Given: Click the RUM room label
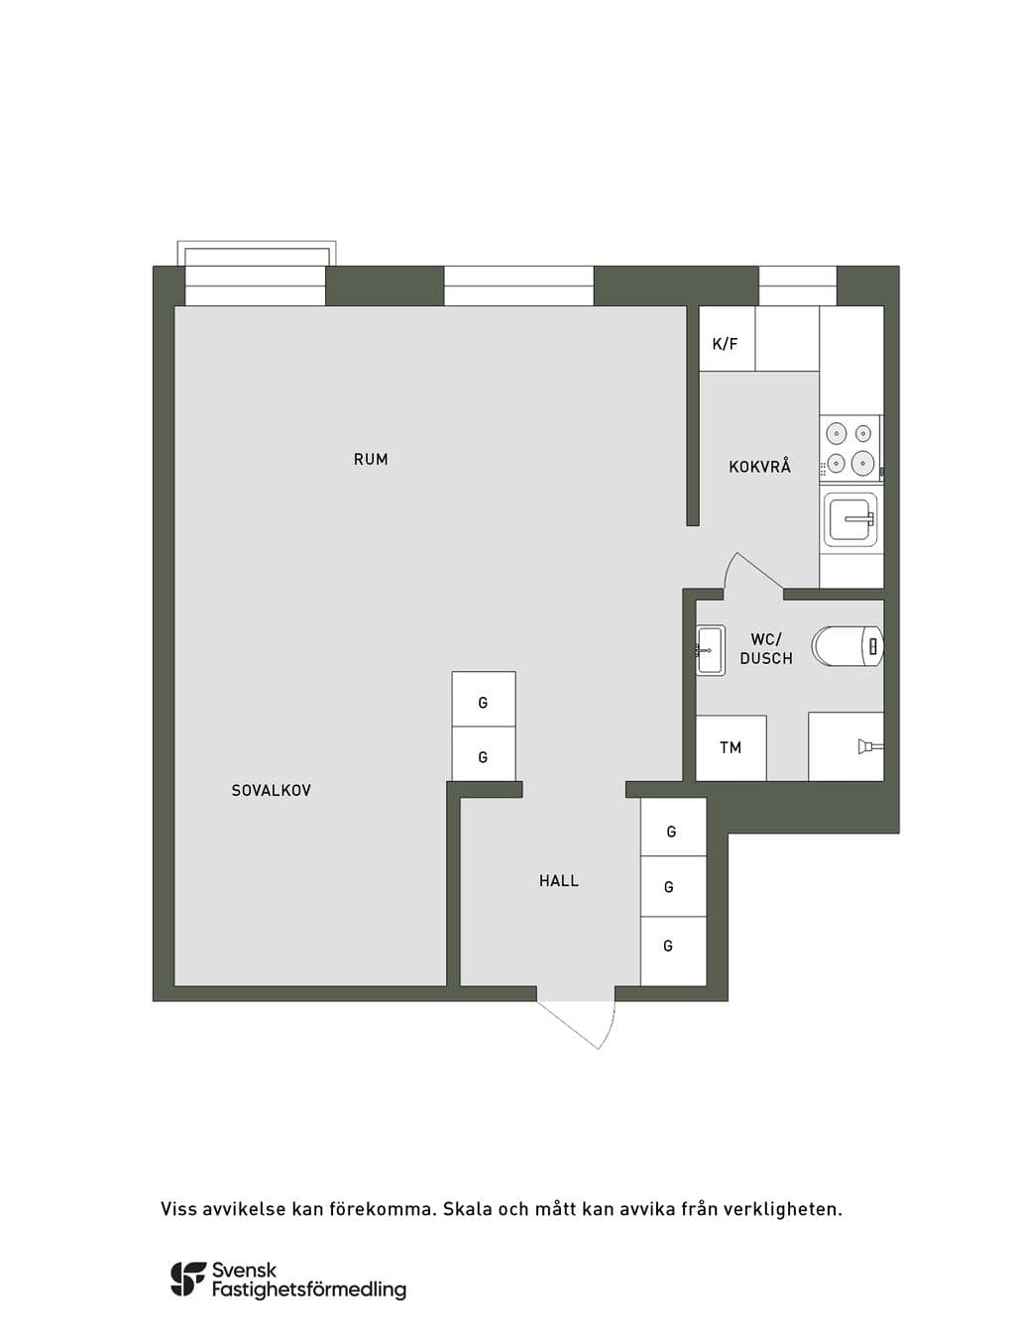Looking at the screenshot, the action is [x=371, y=459].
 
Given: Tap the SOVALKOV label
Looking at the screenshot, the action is [x=271, y=790].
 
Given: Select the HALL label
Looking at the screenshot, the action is [x=558, y=880].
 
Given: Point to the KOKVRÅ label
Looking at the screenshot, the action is [x=759, y=466].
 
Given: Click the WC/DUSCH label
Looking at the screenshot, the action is [x=766, y=649].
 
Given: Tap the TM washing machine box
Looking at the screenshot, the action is [x=731, y=747].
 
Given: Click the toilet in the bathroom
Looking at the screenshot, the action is [x=847, y=645].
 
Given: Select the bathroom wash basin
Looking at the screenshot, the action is [x=710, y=649].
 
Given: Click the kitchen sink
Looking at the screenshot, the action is [x=850, y=519].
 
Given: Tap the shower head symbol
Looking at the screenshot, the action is [x=870, y=746].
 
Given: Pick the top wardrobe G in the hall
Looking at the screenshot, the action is [x=673, y=828].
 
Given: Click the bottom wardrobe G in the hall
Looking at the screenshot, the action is [x=673, y=951].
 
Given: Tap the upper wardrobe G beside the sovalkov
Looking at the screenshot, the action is [x=484, y=699].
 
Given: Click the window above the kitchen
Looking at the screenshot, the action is [x=798, y=285].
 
